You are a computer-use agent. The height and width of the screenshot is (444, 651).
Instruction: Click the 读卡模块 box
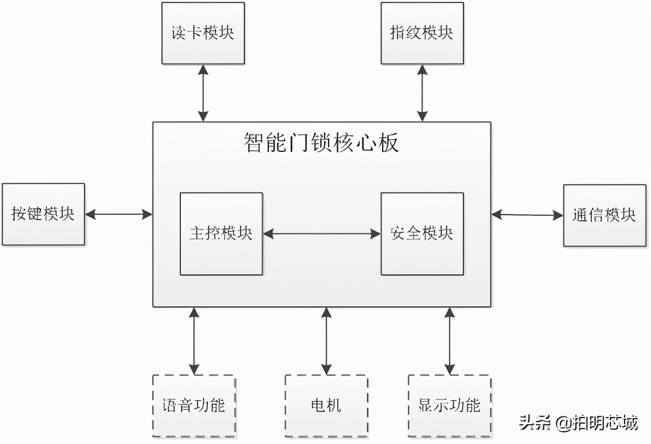tap(203, 33)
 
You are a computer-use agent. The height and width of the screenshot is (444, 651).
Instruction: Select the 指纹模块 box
tap(422, 33)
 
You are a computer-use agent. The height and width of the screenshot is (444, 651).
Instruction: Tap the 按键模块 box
tap(43, 214)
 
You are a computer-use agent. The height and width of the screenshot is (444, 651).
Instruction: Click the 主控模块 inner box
tap(221, 234)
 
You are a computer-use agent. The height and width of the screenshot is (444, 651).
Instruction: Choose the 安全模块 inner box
tap(422, 234)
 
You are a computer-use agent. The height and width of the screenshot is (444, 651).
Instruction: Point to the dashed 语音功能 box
tap(194, 406)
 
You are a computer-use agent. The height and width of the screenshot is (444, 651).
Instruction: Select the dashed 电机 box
tap(326, 406)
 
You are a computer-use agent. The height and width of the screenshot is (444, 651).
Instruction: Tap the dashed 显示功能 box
tap(450, 406)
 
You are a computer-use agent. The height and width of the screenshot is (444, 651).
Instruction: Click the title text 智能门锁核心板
tap(321, 144)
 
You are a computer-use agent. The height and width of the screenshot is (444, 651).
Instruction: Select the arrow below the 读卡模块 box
tap(203, 93)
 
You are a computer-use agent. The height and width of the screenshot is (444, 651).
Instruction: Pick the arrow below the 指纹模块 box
tap(422, 93)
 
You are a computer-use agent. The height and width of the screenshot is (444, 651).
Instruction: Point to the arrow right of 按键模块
tap(119, 214)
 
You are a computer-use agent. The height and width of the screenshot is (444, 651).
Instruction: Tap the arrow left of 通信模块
tap(527, 215)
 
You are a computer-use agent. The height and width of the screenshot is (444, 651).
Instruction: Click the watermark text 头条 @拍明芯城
tap(578, 423)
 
